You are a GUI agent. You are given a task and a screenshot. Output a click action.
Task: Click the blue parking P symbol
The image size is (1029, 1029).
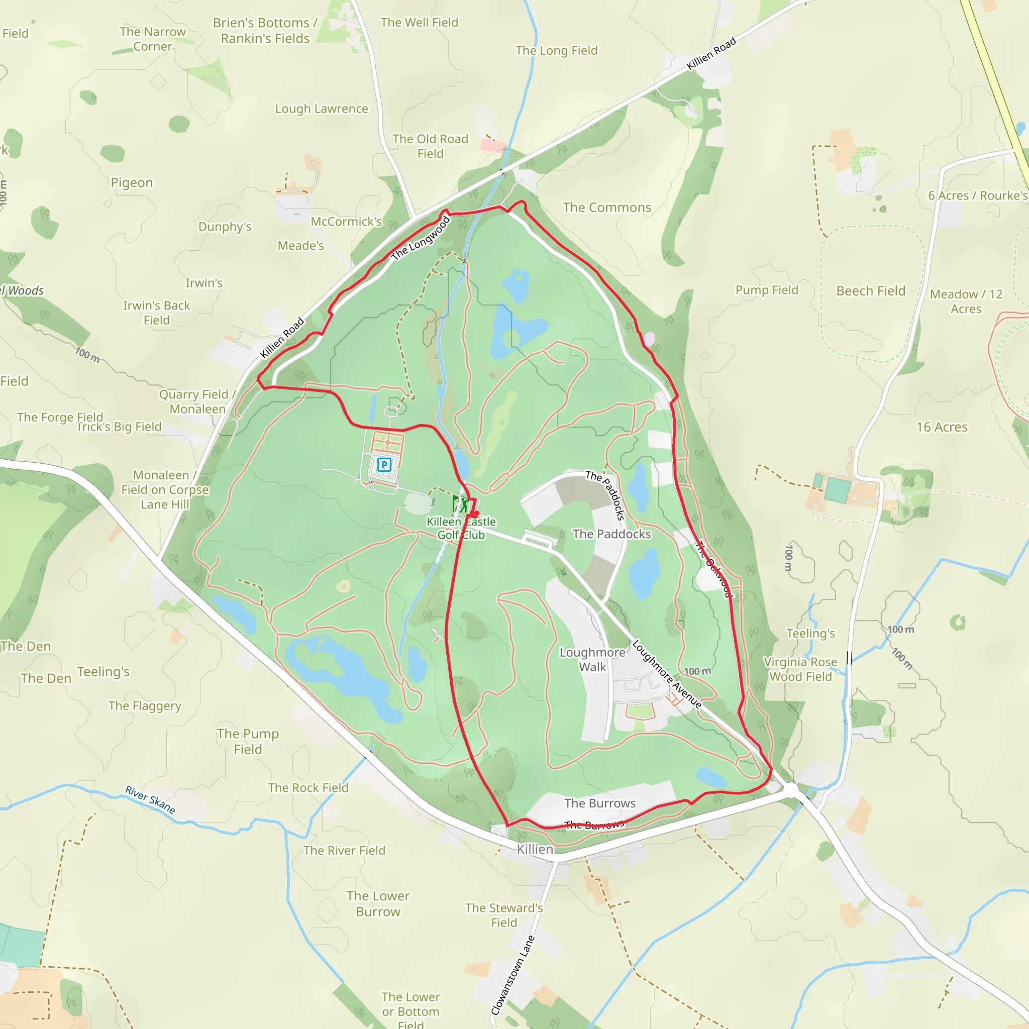pyautogui.click(x=384, y=465)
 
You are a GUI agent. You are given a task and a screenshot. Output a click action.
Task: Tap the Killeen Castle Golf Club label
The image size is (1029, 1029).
pyautogui.click(x=461, y=529)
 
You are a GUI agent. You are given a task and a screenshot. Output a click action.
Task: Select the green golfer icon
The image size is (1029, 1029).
pyautogui.click(x=460, y=504)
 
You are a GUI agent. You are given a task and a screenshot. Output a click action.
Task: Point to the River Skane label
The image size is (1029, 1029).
pyautogui.click(x=150, y=799)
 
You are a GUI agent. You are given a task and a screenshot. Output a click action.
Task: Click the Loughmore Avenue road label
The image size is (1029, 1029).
pyautogui.click(x=666, y=674)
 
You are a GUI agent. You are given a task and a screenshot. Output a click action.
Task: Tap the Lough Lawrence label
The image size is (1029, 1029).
pyautogui.click(x=321, y=109)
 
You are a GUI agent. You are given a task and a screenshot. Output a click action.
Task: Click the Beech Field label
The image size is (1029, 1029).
pyautogui.click(x=870, y=291)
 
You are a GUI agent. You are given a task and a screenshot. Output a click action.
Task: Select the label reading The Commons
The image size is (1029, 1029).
pyautogui.click(x=606, y=208)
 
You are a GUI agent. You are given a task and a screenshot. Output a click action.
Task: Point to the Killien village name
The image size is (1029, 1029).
pyautogui.click(x=535, y=849)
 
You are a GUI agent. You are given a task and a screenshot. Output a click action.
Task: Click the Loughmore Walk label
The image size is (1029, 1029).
pyautogui.click(x=592, y=659)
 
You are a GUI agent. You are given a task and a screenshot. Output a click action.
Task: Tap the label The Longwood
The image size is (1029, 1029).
pyautogui.click(x=420, y=239)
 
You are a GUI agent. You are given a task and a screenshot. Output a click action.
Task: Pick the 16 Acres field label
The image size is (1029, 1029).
pyautogui.click(x=942, y=427)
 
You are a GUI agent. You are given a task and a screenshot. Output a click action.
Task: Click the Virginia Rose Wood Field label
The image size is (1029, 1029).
pyautogui.click(x=800, y=669)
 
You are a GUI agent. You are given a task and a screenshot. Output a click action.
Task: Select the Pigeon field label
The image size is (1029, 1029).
pyautogui.click(x=132, y=183)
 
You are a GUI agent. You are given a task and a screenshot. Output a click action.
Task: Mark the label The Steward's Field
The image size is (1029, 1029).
pyautogui.click(x=504, y=915)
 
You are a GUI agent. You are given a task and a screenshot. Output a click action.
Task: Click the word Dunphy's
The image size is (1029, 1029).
pyautogui.click(x=225, y=227)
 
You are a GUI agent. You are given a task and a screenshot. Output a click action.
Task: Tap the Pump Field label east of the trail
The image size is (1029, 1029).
pyautogui.click(x=766, y=290)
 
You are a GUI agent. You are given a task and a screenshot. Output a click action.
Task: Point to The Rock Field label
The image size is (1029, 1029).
pyautogui.click(x=308, y=788)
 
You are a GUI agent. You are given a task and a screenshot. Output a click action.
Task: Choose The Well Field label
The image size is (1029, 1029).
pyautogui.click(x=419, y=23)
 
